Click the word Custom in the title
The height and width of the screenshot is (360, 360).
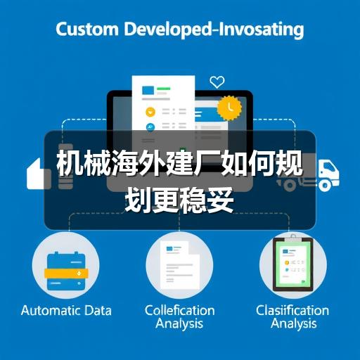(87, 29)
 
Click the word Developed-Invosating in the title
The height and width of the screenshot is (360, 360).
(214, 30)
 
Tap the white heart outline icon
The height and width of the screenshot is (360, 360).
(217, 82)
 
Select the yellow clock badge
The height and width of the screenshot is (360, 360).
(229, 108)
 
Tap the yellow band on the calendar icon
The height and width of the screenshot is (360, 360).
(66, 274)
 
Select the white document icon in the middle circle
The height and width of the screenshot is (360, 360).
(180, 265)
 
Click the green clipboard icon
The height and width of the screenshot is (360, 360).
(293, 264)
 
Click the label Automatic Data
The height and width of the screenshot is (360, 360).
(66, 311)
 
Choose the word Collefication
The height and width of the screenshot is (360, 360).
(180, 310)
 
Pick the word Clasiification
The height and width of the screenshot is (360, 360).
(292, 310)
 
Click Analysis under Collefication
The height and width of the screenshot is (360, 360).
(179, 324)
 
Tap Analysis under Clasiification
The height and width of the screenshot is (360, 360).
(294, 324)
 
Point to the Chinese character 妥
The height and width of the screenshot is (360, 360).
(220, 200)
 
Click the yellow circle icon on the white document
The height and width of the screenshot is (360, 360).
(150, 112)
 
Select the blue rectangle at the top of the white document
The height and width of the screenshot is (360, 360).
(148, 90)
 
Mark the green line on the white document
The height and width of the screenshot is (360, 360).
(164, 89)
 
